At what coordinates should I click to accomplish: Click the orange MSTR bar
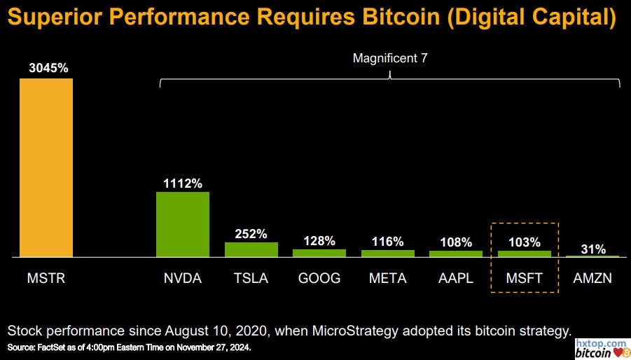pos(46,168)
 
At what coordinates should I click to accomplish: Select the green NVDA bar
pos(182,225)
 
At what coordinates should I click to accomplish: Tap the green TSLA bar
pos(251,250)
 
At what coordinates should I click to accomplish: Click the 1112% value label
pos(182,184)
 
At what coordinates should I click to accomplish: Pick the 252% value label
pos(251,234)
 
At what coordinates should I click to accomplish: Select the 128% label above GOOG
pos(319,241)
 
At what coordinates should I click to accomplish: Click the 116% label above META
pos(387,242)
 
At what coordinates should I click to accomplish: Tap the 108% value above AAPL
pos(456,242)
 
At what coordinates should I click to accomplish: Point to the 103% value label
pos(525,242)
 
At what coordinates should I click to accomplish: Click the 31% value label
pos(592,249)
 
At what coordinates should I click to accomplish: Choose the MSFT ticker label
pos(525,278)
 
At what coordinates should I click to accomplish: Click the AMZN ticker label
pos(592,278)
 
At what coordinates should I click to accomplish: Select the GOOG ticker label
pos(319,278)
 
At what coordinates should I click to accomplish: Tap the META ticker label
pos(387,278)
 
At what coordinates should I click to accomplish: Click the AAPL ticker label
pos(456,278)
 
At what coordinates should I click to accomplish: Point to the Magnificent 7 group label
pos(389,59)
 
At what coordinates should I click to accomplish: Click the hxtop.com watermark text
pos(601,343)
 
